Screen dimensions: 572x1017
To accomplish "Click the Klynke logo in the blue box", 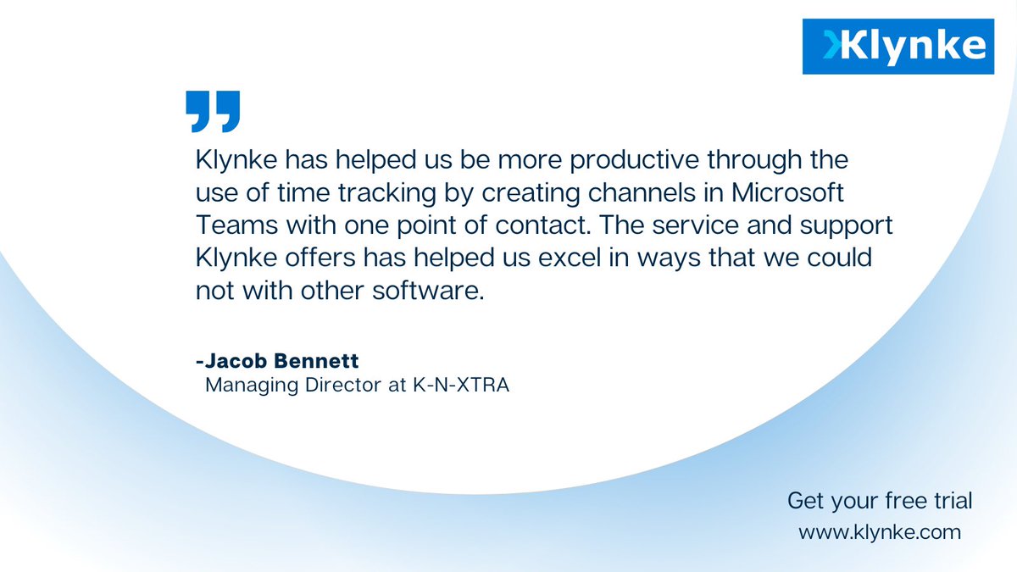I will [x=898, y=46].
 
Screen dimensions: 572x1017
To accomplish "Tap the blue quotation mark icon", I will [x=212, y=111].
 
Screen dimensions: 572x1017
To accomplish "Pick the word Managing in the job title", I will [x=247, y=386].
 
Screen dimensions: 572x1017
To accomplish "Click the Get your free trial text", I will [x=880, y=501].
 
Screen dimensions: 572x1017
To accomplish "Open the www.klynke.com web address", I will [x=880, y=533].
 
